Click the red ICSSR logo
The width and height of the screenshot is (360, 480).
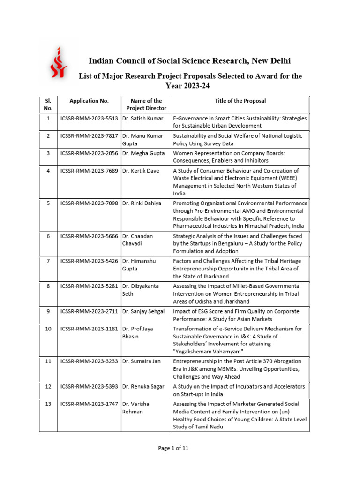(58, 62)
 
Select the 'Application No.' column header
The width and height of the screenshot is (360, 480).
(89, 101)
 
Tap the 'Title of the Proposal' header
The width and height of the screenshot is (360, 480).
(240, 101)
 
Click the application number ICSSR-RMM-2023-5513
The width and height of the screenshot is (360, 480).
(89, 119)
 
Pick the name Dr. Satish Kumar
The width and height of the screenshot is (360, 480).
(142, 119)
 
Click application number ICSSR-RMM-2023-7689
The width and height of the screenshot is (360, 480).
(89, 171)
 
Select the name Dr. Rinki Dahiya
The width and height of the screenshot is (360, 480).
(142, 203)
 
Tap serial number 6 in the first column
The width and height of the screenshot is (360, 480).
(48, 236)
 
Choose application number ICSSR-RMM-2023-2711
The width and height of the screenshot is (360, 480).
(89, 311)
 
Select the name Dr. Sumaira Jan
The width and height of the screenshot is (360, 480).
(142, 361)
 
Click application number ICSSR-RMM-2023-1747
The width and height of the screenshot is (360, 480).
(89, 404)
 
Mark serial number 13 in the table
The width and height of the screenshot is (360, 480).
(48, 404)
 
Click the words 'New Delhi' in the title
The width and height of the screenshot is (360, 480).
(271, 61)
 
